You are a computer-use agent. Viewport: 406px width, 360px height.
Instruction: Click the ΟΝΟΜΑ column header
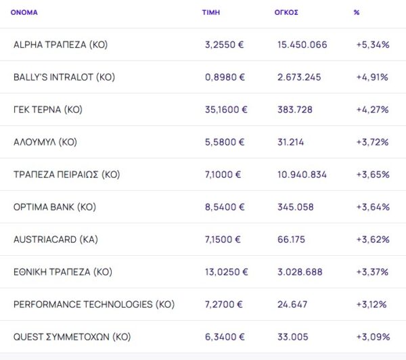[x=24, y=12]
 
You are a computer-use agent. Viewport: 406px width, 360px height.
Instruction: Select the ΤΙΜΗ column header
[x=211, y=12]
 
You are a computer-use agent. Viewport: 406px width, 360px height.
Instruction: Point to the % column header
[x=357, y=12]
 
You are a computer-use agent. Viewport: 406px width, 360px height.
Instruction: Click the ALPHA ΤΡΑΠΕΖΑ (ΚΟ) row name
[x=60, y=45]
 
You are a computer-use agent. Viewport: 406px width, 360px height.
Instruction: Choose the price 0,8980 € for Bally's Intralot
[x=225, y=77]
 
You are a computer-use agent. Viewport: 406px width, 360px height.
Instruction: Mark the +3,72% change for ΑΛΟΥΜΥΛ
[x=372, y=142]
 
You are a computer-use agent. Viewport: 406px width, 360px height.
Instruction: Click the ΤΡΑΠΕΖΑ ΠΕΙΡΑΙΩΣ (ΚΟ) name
[x=66, y=175]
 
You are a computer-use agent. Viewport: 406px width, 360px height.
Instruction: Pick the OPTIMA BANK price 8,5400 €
[x=225, y=207]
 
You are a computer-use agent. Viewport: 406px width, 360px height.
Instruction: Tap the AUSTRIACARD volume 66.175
[x=292, y=240]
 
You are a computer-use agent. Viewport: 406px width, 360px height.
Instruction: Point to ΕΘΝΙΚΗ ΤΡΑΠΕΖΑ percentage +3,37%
[x=372, y=272]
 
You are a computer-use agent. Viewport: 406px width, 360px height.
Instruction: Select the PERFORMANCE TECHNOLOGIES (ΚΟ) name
[x=93, y=305]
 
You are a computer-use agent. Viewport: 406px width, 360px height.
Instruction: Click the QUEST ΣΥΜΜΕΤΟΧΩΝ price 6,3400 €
[x=225, y=336]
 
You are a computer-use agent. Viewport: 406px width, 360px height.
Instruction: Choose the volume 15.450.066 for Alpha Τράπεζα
[x=302, y=45]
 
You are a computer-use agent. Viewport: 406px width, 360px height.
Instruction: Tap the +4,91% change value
[x=372, y=77]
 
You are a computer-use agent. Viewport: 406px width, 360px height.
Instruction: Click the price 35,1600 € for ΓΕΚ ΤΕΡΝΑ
[x=227, y=110]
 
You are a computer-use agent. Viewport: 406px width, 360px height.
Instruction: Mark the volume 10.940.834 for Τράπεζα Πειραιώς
[x=302, y=175]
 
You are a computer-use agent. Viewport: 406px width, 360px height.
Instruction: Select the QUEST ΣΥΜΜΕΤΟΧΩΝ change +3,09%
[x=372, y=336]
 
